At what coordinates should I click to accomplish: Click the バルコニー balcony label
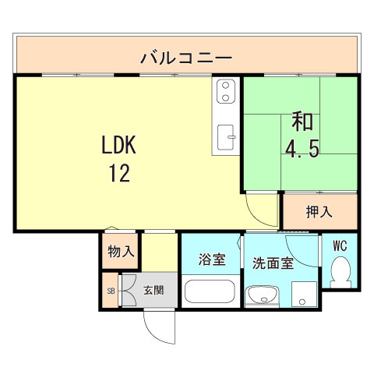click(x=186, y=58)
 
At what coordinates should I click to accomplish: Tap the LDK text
click(x=118, y=145)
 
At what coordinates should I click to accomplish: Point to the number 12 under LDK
click(x=119, y=173)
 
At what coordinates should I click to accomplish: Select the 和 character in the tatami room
click(x=302, y=122)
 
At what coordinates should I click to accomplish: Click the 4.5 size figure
click(x=302, y=149)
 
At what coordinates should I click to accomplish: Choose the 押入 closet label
click(x=319, y=212)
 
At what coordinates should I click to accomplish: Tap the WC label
click(x=340, y=245)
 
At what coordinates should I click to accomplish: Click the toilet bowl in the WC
click(x=340, y=272)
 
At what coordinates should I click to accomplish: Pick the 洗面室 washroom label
click(x=273, y=263)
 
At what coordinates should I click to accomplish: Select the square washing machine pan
click(x=304, y=294)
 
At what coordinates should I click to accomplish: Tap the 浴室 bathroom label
click(x=212, y=259)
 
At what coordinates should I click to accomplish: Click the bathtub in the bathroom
click(x=210, y=291)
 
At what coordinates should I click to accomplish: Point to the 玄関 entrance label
click(x=153, y=290)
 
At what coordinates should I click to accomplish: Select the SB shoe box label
click(x=111, y=291)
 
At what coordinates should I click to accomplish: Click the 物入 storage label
click(x=121, y=251)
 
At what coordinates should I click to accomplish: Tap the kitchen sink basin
click(x=225, y=137)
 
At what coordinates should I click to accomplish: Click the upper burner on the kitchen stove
click(x=225, y=85)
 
